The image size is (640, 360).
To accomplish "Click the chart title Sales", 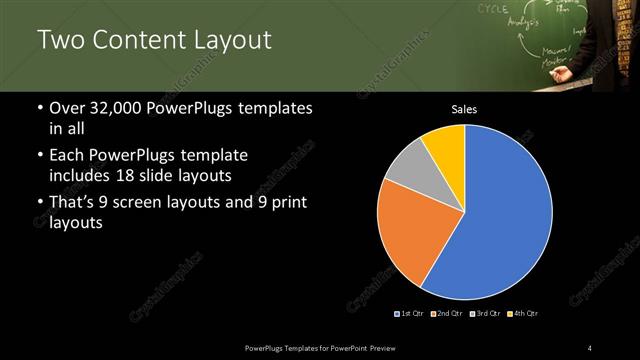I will (x=465, y=109).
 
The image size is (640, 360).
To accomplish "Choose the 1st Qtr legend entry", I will (x=410, y=314).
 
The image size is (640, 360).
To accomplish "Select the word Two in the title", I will (x=61, y=40).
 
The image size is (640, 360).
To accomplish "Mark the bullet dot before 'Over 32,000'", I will (x=39, y=108).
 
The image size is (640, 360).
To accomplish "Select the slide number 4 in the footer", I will (x=590, y=347).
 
